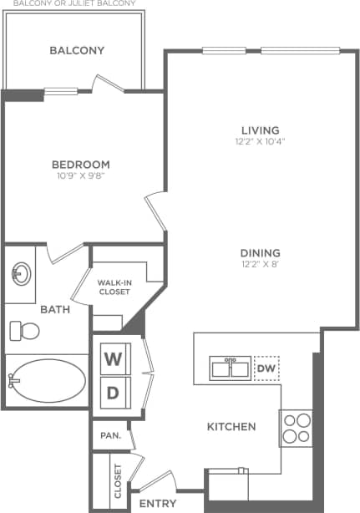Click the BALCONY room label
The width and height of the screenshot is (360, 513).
[77, 50]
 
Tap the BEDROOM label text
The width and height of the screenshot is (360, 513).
[81, 165]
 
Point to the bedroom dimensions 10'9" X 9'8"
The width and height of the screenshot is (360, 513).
[81, 176]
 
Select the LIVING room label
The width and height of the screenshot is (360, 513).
[260, 130]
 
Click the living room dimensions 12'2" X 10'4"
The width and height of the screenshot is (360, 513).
[260, 141]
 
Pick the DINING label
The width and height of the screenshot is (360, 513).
[260, 253]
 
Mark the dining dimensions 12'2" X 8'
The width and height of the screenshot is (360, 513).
[260, 265]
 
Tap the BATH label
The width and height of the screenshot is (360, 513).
[56, 309]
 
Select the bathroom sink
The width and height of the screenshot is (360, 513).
[21, 273]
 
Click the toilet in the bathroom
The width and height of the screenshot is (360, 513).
[25, 331]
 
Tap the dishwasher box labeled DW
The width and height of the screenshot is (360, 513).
[266, 368]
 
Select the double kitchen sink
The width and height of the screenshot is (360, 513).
[229, 368]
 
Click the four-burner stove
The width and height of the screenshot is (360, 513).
[296, 428]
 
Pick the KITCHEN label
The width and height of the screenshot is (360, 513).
[231, 427]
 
